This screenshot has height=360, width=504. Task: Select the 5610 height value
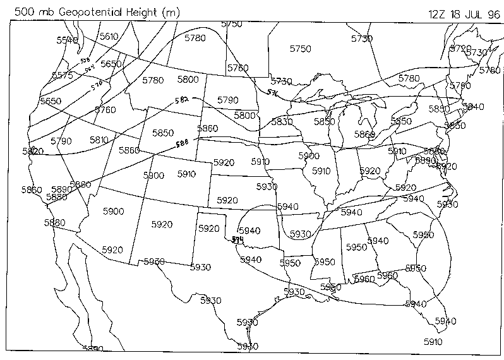tap(109, 37)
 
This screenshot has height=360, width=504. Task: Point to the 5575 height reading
tap(62, 75)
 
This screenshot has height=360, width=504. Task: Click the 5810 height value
tap(99, 140)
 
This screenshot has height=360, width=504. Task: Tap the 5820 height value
tap(32, 151)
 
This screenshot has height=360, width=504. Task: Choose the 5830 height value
tap(282, 122)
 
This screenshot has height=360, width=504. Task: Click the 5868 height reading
tap(364, 134)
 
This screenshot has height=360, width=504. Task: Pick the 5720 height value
tap(460, 48)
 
